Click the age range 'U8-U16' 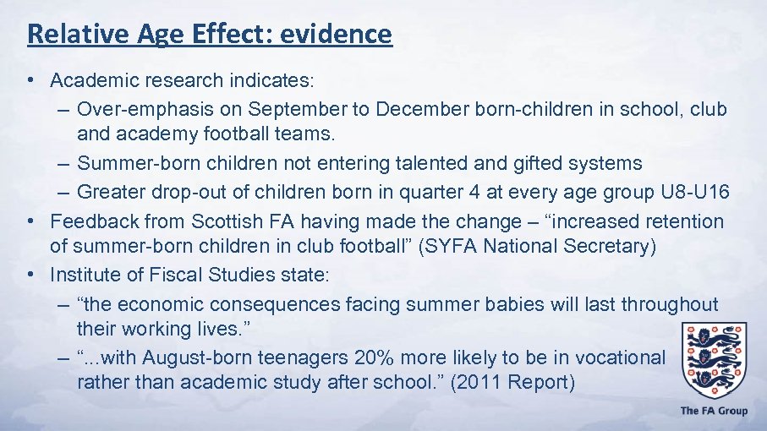696,192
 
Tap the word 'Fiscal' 170,275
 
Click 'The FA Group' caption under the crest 714,411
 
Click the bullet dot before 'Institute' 30,275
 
